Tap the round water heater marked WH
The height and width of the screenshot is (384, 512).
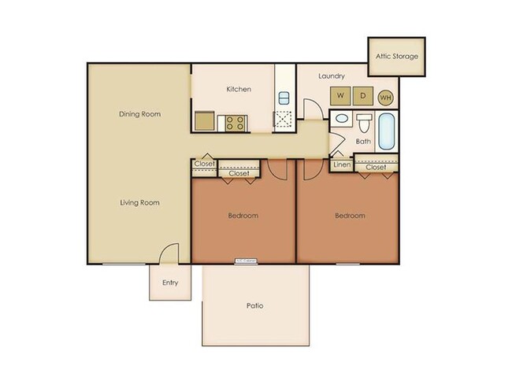click(385, 98)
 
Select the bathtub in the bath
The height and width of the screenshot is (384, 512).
click(388, 132)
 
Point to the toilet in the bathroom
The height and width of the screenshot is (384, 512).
click(364, 124)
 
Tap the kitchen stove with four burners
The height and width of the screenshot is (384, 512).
click(234, 122)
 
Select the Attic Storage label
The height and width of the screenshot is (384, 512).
click(396, 57)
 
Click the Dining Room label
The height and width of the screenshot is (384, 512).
click(140, 114)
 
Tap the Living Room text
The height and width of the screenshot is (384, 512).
click(140, 202)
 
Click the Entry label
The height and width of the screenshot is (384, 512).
click(170, 283)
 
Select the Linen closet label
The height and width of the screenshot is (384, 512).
click(341, 166)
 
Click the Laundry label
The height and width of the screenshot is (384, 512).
click(332, 76)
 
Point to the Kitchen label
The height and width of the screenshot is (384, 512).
click(239, 89)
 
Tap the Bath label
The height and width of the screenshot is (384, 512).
click(363, 142)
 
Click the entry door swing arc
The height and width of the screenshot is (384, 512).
click(167, 253)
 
